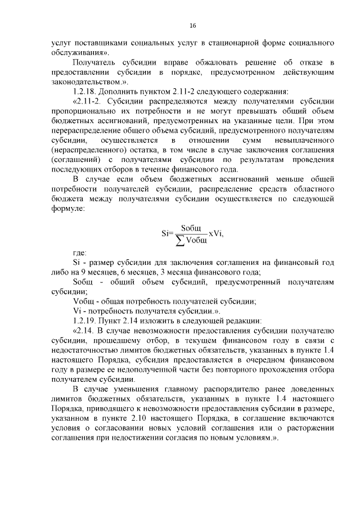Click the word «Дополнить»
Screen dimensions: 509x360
121,92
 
